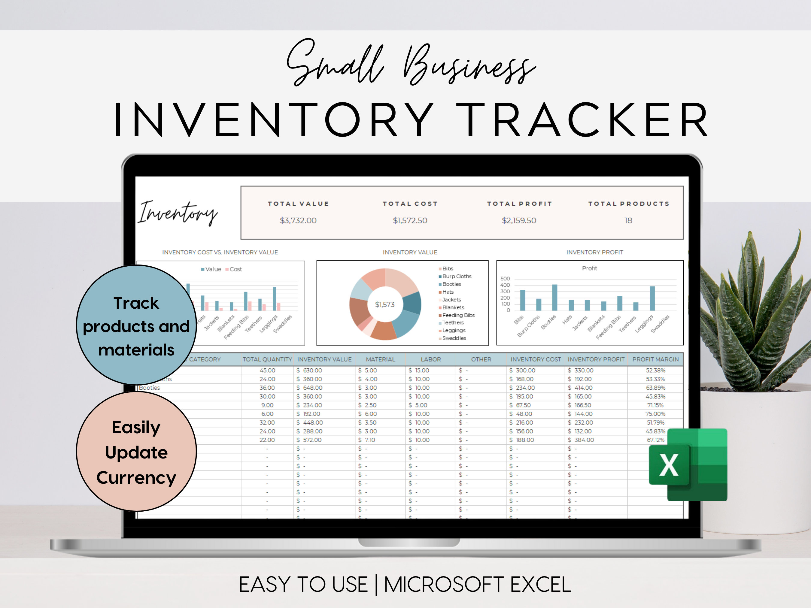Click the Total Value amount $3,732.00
[298, 220]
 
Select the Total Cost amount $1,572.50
[410, 220]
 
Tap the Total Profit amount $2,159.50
[519, 220]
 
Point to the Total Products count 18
[628, 220]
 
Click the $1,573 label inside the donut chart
[384, 304]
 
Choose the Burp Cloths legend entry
[457, 276]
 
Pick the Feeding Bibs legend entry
[458, 315]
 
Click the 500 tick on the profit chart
[505, 279]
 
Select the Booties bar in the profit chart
[555, 297]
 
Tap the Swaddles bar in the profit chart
[652, 298]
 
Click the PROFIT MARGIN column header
[655, 359]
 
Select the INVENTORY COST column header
[535, 359]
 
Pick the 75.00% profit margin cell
[655, 414]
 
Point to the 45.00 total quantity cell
[267, 371]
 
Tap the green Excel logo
[688, 464]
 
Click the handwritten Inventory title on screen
[178, 213]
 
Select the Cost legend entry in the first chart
[235, 269]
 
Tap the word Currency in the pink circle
[136, 478]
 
